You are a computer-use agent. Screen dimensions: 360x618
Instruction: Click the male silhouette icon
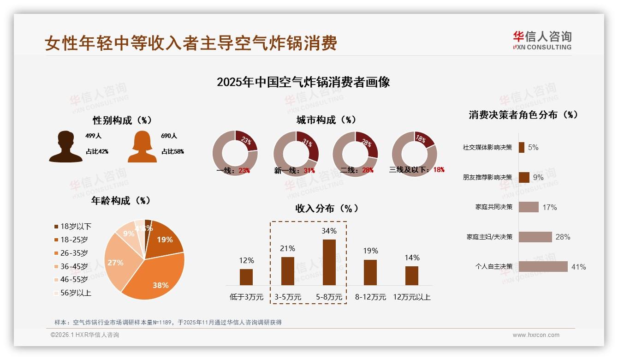(x=65, y=147)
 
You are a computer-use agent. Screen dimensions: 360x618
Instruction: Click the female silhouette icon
(x=142, y=147)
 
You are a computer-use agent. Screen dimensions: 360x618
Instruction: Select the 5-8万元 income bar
(x=329, y=262)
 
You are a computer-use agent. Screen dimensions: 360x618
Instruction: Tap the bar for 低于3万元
(x=246, y=277)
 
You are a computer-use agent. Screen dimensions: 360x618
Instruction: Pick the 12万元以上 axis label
(x=411, y=297)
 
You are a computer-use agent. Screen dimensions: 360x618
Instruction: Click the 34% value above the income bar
(x=329, y=231)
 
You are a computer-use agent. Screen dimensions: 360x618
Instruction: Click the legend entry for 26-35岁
(x=74, y=253)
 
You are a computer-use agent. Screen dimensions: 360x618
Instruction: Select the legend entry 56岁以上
(x=76, y=293)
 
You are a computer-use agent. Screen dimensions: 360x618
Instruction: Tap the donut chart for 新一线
(x=296, y=153)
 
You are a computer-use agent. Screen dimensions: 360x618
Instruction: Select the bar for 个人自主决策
(x=543, y=267)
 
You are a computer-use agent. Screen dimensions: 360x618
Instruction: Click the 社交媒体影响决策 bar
(x=521, y=147)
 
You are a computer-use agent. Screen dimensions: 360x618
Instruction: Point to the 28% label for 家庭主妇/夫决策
(x=563, y=237)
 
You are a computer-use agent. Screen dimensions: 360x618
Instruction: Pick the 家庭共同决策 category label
(x=493, y=207)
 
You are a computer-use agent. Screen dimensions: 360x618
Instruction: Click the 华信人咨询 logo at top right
(x=542, y=40)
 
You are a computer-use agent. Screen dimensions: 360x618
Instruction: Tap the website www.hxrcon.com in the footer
(x=536, y=335)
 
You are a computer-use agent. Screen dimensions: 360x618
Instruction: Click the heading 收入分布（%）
(x=327, y=209)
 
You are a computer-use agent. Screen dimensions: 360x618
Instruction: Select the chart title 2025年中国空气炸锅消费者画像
(x=303, y=82)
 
